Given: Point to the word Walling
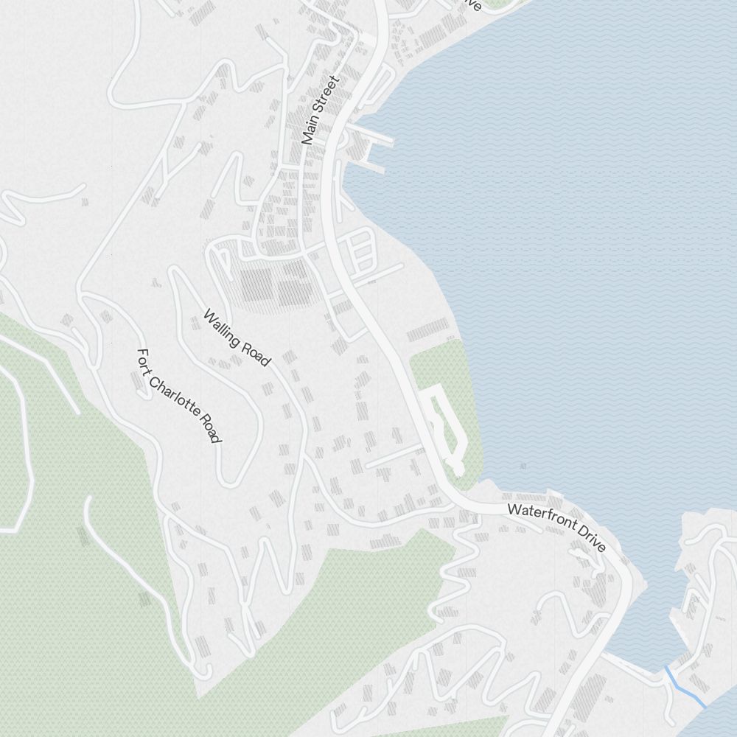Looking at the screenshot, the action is [223, 328].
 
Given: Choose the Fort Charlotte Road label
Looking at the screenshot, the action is [179, 396].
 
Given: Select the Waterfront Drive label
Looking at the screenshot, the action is [556, 527].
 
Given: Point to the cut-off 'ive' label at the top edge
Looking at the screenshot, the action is [472, 4].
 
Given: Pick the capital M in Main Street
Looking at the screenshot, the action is [306, 138].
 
